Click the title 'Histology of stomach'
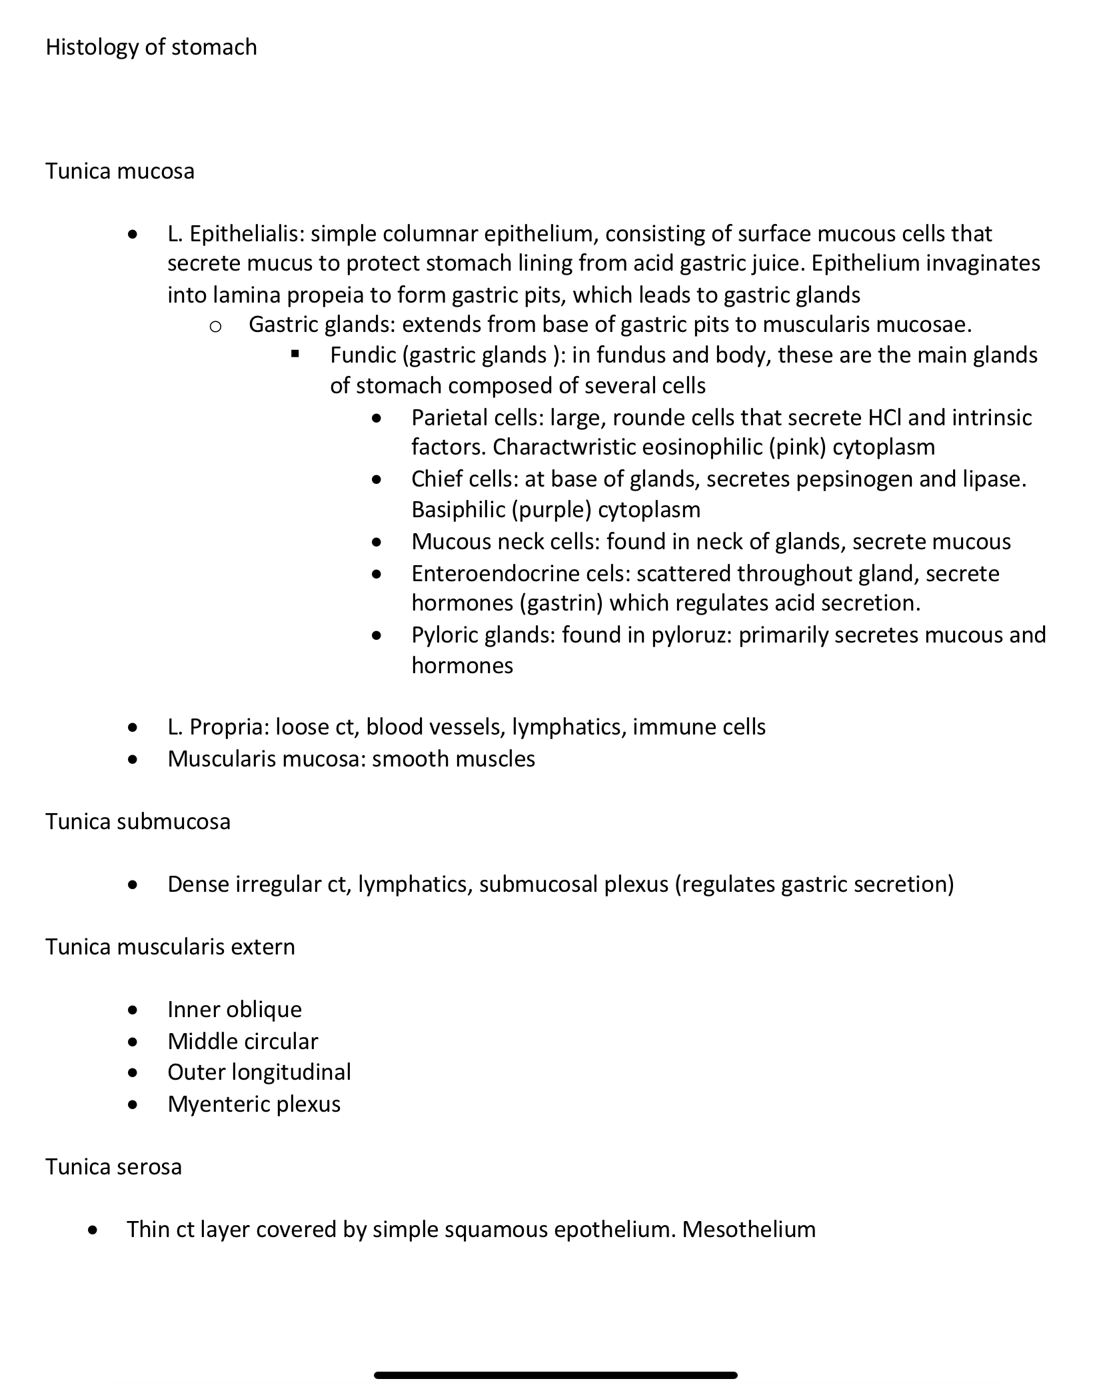(151, 47)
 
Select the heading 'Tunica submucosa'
(138, 821)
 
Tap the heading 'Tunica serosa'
(113, 1166)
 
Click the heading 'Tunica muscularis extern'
(170, 946)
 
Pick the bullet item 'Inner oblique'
(235, 1009)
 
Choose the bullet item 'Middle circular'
(243, 1041)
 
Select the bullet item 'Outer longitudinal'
(259, 1072)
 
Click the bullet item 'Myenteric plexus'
(254, 1104)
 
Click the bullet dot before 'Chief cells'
(377, 479)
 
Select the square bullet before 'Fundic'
(295, 354)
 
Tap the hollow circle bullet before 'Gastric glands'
(215, 326)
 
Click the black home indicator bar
(555, 1375)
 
